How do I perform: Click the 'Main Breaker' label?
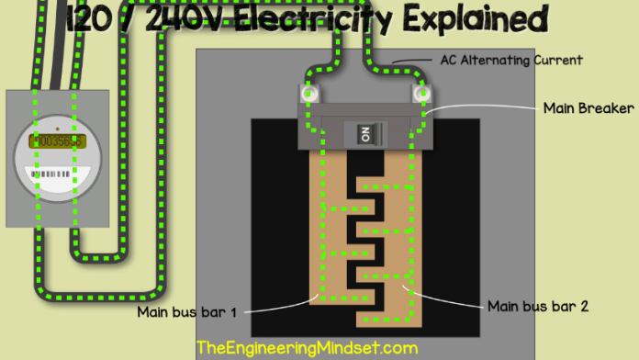(589, 108)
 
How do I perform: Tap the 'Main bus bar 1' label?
(187, 312)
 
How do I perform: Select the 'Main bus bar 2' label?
(539, 306)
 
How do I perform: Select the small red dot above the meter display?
(57, 129)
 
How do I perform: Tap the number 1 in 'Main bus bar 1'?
(233, 312)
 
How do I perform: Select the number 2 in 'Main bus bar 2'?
(585, 306)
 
